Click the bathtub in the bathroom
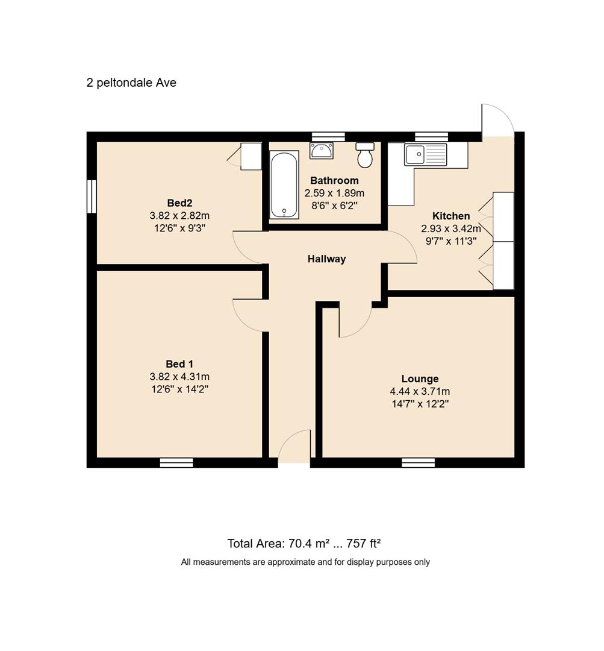pyautogui.click(x=284, y=185)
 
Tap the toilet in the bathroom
pyautogui.click(x=365, y=155)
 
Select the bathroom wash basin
pyautogui.click(x=321, y=151)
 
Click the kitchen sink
pyautogui.click(x=426, y=154)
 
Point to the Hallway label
pyautogui.click(x=326, y=259)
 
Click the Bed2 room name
pyautogui.click(x=179, y=203)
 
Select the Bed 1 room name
pyautogui.click(x=179, y=364)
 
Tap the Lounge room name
pyautogui.click(x=420, y=379)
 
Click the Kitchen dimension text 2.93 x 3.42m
pyautogui.click(x=451, y=228)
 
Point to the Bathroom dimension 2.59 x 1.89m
pyautogui.click(x=334, y=193)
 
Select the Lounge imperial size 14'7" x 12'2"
pyautogui.click(x=420, y=404)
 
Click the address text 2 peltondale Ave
pyautogui.click(x=131, y=83)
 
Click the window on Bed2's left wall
pyautogui.click(x=92, y=197)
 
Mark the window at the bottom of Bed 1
pyautogui.click(x=176, y=463)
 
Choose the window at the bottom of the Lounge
pyautogui.click(x=418, y=463)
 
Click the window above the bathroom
pyautogui.click(x=329, y=137)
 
